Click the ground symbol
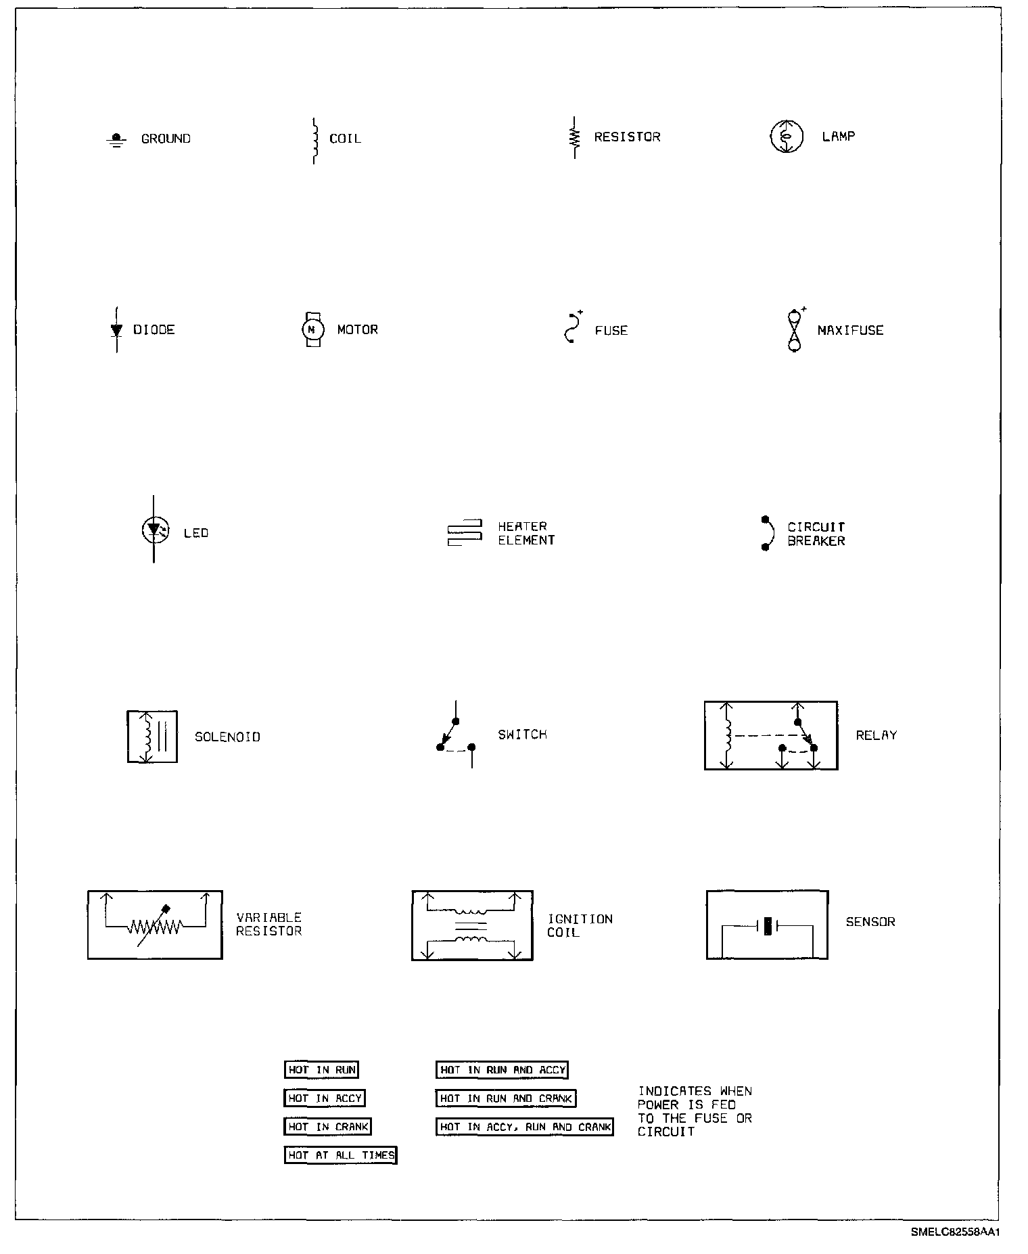click(x=116, y=140)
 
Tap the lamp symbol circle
click(x=787, y=137)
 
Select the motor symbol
click(x=312, y=329)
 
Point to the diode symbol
click(x=116, y=329)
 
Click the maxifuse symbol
click(x=795, y=330)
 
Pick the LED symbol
click(x=154, y=530)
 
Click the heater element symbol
click(x=465, y=533)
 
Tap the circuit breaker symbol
click(x=767, y=534)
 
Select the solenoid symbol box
click(x=152, y=737)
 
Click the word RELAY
click(x=876, y=735)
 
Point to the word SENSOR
click(x=870, y=922)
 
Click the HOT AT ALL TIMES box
click(x=340, y=1155)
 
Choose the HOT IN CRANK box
click(x=328, y=1127)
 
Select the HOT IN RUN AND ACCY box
click(x=502, y=1070)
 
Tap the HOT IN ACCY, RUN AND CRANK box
click(x=524, y=1127)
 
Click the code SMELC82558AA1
click(x=955, y=1232)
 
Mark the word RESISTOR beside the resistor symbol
click(x=627, y=137)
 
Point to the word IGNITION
click(x=580, y=919)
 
